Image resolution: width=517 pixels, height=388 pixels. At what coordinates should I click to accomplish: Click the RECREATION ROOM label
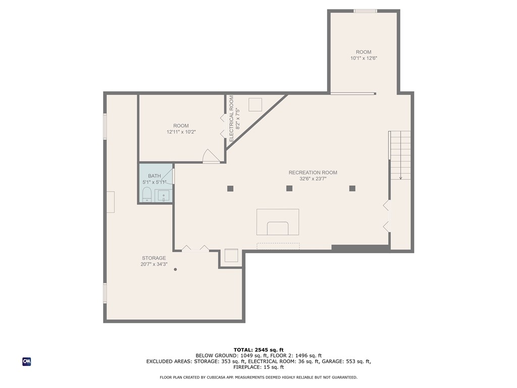pos(313,173)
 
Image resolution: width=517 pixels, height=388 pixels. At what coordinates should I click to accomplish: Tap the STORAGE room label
pos(154,258)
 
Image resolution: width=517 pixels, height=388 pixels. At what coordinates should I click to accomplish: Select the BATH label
pos(154,176)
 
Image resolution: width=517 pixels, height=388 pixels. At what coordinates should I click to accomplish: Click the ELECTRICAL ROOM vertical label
pos(231,118)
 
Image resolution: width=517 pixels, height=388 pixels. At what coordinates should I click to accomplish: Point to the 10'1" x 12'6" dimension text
pos(364,59)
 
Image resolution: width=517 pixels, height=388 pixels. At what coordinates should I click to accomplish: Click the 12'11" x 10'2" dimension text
pos(181,132)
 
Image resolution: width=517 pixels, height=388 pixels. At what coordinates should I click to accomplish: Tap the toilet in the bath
pos(147,195)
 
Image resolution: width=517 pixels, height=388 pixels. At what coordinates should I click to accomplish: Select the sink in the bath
pos(164,196)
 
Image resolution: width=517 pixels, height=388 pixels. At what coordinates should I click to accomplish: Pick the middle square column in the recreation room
pos(289,188)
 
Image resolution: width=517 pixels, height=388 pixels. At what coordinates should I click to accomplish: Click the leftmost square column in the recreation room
pos(230,189)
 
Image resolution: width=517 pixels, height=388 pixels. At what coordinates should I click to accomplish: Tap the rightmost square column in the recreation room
pos(352,188)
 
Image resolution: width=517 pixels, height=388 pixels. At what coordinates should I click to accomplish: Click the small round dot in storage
pos(175,270)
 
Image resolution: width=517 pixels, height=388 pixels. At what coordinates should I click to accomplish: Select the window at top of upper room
pos(366,11)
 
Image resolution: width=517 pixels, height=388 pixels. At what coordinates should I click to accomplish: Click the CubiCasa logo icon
pos(27,362)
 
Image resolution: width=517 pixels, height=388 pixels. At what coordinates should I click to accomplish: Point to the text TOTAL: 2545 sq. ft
pos(258,350)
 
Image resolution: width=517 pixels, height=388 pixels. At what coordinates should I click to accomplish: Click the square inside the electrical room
pos(255,105)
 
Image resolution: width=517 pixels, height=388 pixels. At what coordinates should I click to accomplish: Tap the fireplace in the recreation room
pos(278,222)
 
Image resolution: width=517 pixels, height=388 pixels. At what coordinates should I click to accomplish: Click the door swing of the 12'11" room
pos(211,156)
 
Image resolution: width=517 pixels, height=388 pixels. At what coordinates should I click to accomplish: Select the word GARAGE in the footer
pos(333,362)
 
